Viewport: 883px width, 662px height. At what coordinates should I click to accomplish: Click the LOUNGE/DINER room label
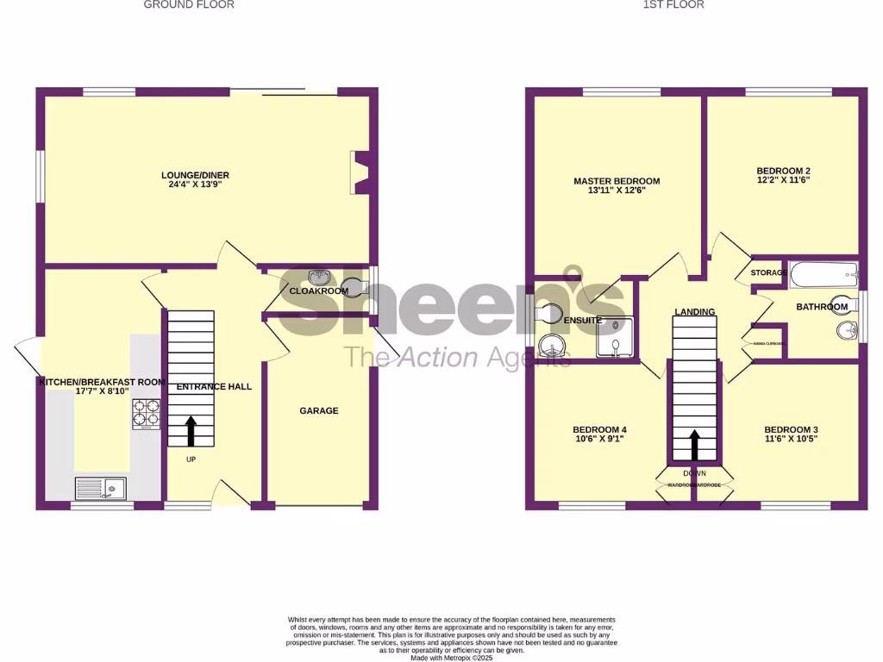coord(196,175)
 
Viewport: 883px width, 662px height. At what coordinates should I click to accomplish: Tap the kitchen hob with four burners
coord(145,413)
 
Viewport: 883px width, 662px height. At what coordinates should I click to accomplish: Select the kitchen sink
coord(100,489)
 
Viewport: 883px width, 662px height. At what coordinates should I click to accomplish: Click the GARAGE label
coord(319,410)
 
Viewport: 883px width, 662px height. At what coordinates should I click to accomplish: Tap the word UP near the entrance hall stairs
coord(191,459)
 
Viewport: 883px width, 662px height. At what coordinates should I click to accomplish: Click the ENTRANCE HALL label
coord(214,387)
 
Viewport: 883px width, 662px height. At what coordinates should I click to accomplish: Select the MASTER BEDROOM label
coord(617,181)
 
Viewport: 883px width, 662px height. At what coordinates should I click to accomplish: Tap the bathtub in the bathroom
coord(824,276)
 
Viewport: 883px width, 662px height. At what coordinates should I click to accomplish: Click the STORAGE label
coord(768,273)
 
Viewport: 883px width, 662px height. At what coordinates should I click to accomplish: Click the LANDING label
coord(695,312)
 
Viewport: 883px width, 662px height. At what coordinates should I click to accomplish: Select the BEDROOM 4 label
coord(599,430)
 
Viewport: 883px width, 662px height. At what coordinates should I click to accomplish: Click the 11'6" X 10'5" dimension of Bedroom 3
coord(791,439)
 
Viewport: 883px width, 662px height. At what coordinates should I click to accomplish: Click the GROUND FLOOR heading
coord(189,4)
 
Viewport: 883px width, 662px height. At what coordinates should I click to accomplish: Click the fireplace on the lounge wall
coord(361,172)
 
